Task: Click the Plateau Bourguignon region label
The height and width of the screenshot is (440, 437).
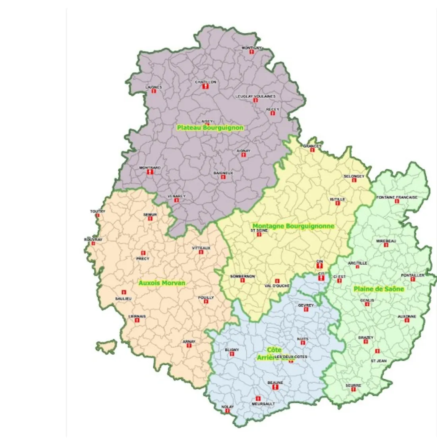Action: tap(210, 128)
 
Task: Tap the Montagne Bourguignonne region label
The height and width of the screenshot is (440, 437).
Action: tap(294, 226)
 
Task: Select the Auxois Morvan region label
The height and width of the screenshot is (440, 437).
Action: tap(162, 283)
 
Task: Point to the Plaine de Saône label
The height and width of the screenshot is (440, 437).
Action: tap(379, 289)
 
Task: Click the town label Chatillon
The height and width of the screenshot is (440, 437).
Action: tap(205, 82)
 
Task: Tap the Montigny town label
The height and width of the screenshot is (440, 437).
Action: tap(252, 48)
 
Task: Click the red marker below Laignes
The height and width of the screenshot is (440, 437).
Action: tap(154, 91)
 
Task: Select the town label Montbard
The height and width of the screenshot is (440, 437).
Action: tap(150, 168)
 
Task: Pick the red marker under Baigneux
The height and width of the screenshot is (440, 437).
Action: tap(223, 177)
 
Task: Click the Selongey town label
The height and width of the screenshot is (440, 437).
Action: tap(353, 176)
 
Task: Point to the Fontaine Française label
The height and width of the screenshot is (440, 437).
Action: tap(397, 197)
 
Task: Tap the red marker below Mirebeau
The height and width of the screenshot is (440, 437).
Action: tap(386, 245)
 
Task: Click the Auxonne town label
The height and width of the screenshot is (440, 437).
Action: tap(407, 317)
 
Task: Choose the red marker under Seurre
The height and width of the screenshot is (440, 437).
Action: tap(353, 389)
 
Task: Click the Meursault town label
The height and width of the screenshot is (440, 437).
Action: tap(263, 404)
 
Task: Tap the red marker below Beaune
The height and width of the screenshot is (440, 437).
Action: tap(275, 387)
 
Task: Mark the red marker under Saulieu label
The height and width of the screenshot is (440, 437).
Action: tap(124, 292)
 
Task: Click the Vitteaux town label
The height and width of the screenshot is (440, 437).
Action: tap(201, 248)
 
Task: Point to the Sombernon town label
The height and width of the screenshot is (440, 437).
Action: tap(242, 277)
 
